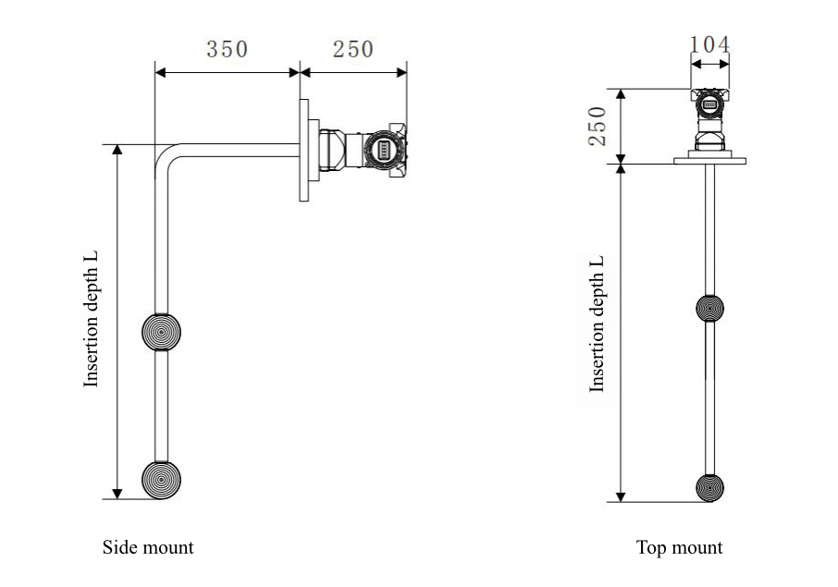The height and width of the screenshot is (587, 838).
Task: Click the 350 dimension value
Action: (x=228, y=49)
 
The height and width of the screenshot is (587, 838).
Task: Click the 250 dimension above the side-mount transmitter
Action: (x=353, y=49)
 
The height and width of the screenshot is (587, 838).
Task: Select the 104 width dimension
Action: (x=709, y=43)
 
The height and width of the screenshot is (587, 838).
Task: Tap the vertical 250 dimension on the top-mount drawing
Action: (x=598, y=126)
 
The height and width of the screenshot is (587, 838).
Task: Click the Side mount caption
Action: (x=148, y=547)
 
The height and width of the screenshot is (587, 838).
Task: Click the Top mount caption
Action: (x=680, y=547)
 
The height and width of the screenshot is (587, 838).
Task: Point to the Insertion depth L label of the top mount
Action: (x=598, y=324)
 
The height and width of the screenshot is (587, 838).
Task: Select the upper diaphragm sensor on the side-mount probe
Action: (x=161, y=331)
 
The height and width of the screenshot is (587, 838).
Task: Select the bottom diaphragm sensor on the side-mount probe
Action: (x=161, y=480)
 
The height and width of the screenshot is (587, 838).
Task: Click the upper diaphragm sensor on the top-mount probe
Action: (x=709, y=309)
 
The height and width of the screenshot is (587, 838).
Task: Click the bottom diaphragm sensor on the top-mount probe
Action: (x=709, y=487)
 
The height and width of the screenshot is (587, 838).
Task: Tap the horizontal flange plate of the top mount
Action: (x=709, y=161)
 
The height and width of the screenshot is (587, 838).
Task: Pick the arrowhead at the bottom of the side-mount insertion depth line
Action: (x=117, y=492)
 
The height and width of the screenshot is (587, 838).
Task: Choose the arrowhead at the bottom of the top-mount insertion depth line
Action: (x=622, y=495)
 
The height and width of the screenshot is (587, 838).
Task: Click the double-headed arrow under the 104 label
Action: (x=709, y=64)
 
